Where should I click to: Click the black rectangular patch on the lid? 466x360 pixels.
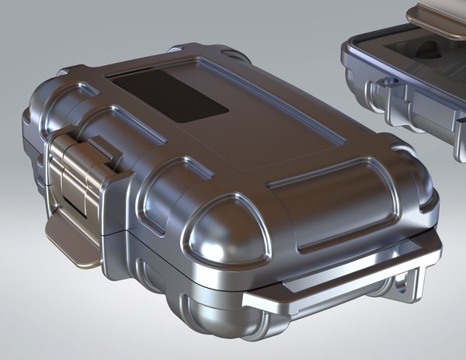pos(168,95)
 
